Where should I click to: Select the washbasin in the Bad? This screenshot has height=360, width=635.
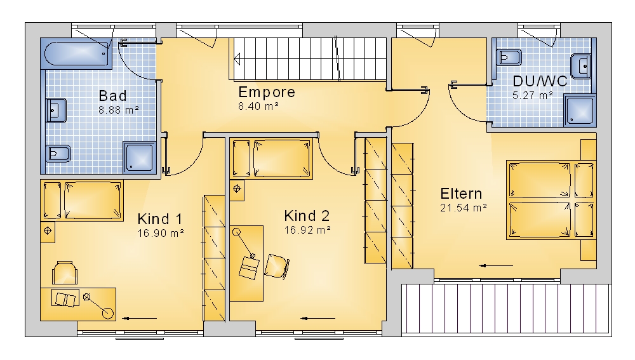click(x=56, y=110)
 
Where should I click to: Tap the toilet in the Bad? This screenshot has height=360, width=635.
click(x=58, y=153)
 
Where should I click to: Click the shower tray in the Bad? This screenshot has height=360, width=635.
click(x=139, y=157)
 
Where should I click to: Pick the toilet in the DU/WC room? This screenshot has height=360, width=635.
click(x=509, y=58)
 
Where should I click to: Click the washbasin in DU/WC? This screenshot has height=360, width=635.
click(x=581, y=65)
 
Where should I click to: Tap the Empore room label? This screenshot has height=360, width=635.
click(x=267, y=92)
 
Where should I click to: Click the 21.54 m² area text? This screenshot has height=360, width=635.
click(x=464, y=208)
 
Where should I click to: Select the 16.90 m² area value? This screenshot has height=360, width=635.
click(x=161, y=233)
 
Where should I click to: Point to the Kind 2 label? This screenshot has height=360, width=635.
click(x=307, y=215)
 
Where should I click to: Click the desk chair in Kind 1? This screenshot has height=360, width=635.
click(x=65, y=272)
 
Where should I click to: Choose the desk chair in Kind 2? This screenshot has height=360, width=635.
click(x=277, y=266)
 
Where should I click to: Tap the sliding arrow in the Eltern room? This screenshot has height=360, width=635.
click(x=496, y=266)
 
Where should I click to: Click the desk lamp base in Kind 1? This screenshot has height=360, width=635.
click(x=108, y=313)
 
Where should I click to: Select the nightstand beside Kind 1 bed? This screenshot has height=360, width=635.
click(x=48, y=232)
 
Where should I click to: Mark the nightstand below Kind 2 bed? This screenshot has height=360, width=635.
click(x=237, y=190)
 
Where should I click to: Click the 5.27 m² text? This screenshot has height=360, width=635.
click(x=533, y=96)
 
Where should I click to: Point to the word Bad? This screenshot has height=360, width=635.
click(x=112, y=96)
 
